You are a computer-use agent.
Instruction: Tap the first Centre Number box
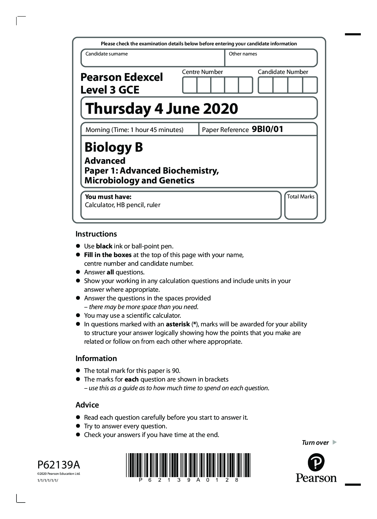click(x=190, y=85)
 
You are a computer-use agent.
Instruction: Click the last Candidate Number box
click(x=310, y=85)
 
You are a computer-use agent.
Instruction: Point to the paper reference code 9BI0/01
click(x=267, y=129)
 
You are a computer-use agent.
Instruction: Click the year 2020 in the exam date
click(x=220, y=109)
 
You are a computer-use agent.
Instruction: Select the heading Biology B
click(x=114, y=147)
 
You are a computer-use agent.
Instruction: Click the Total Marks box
click(x=301, y=205)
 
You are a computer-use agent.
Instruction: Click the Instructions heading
click(x=96, y=234)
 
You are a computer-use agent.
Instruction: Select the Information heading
click(x=96, y=358)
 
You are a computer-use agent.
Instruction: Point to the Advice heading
click(x=87, y=405)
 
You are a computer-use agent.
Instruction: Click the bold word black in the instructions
click(x=104, y=246)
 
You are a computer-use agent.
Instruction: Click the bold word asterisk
click(x=178, y=324)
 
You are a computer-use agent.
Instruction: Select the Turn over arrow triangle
click(x=335, y=442)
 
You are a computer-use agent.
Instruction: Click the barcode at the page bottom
click(x=188, y=465)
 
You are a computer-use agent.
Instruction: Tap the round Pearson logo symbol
click(x=316, y=462)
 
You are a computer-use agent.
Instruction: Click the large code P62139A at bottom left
click(x=59, y=465)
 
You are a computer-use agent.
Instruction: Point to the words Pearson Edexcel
click(x=121, y=77)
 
